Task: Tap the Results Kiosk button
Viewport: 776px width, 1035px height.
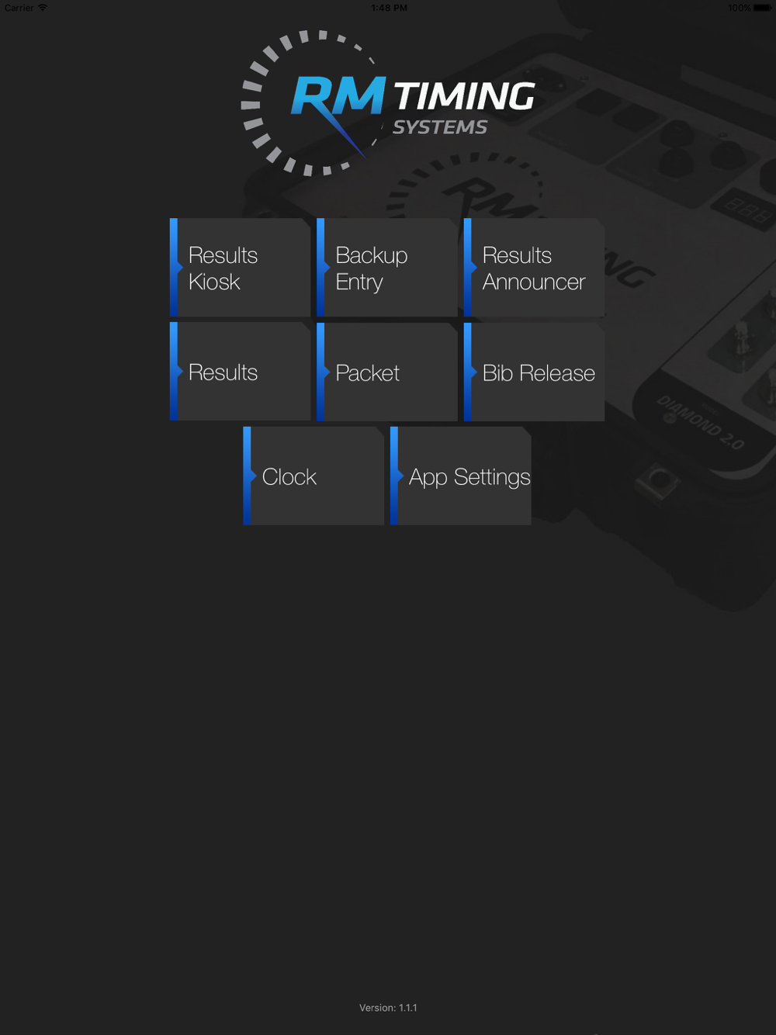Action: [241, 268]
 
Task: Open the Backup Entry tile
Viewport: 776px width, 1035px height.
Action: [387, 268]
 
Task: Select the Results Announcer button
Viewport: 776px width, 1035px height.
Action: [535, 268]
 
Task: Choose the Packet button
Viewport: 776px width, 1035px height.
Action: [387, 372]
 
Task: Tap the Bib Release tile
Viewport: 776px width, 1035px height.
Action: [535, 372]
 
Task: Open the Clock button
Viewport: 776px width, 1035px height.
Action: [314, 476]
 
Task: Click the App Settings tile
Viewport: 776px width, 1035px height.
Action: [461, 476]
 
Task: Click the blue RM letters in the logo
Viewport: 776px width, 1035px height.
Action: [338, 97]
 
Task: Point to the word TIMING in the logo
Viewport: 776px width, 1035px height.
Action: [464, 97]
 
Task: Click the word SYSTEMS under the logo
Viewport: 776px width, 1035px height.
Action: [440, 127]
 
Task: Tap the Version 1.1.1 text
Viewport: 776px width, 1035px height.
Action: [388, 1008]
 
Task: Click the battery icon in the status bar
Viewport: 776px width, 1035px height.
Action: [762, 8]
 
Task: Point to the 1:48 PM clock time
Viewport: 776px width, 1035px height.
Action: [389, 8]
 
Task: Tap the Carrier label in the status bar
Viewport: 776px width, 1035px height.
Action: [19, 8]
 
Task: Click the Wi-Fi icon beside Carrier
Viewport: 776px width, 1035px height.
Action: [43, 8]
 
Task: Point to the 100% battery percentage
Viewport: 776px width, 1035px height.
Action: [739, 8]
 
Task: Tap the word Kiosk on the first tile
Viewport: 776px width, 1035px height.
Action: [214, 282]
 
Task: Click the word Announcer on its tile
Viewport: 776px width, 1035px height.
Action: [534, 282]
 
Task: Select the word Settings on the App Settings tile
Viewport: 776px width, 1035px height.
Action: [492, 477]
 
